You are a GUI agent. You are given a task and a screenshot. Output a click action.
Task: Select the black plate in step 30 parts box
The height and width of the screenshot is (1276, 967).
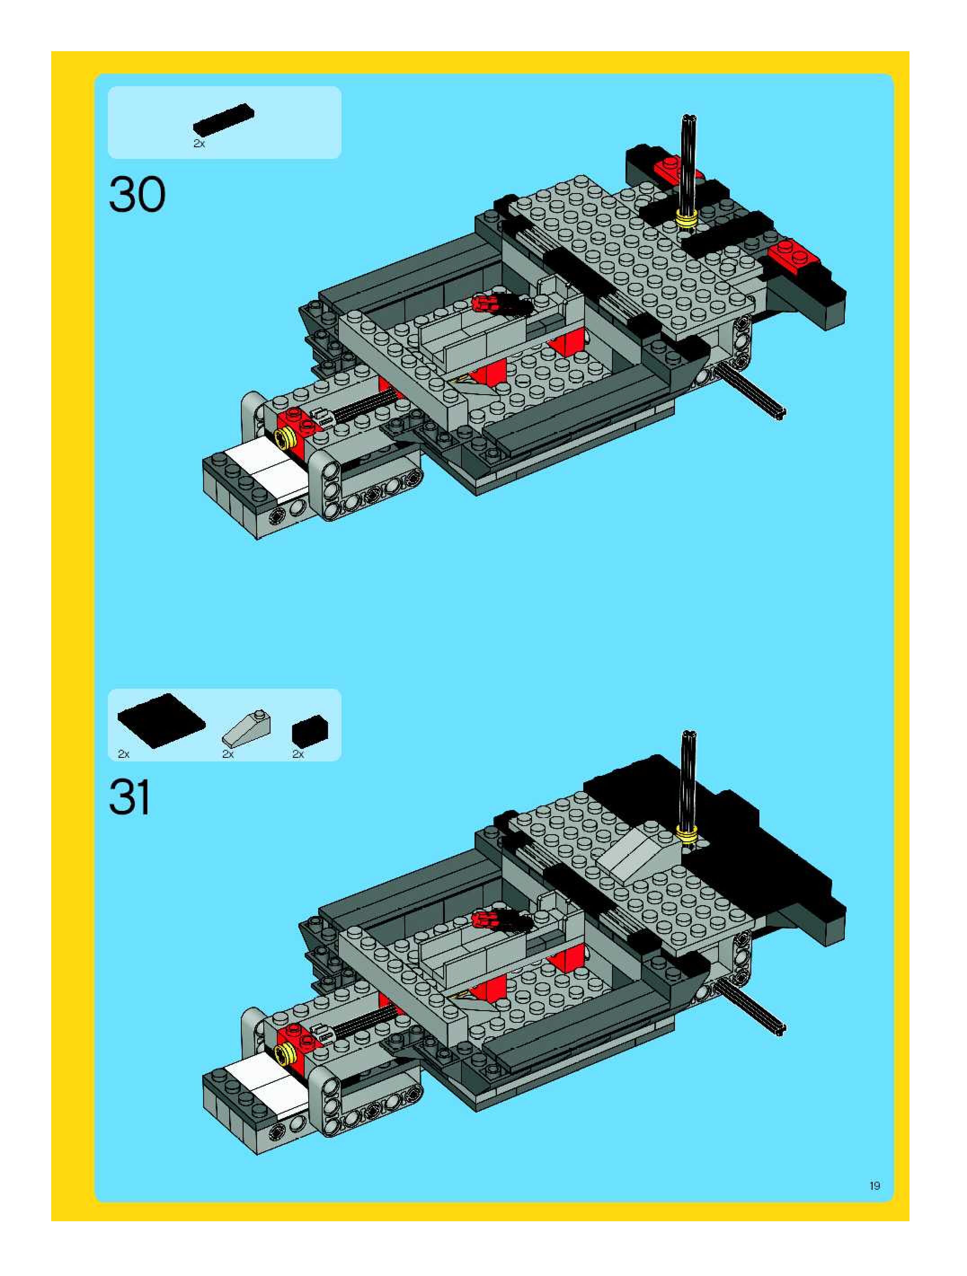223,120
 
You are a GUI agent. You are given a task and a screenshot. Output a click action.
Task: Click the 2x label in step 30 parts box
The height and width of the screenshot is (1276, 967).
199,144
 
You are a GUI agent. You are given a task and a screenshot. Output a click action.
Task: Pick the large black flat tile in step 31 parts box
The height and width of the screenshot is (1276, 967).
161,721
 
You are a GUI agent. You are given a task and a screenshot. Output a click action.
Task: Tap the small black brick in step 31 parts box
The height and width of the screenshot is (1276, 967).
310,731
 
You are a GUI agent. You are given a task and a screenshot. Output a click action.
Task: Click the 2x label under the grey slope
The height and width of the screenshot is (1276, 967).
228,754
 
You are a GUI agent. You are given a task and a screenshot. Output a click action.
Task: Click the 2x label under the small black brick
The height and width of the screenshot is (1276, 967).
298,754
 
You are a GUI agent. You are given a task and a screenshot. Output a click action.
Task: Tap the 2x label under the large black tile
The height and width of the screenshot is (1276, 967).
124,754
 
